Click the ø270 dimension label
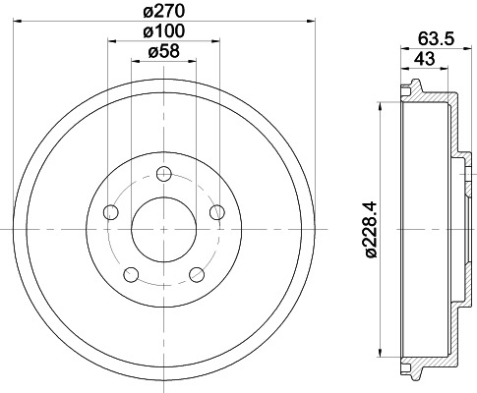tap(165, 12)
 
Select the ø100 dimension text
tap(164, 32)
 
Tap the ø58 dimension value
tap(164, 53)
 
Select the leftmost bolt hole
tap(110, 213)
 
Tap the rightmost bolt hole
tap(217, 212)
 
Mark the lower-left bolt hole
tap(131, 274)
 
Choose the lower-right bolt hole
tap(197, 274)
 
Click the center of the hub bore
tap(164, 228)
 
